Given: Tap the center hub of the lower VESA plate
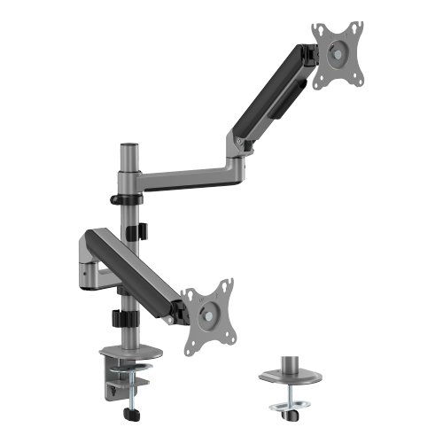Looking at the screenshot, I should (x=209, y=311).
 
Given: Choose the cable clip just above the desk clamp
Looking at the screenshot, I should (x=123, y=323).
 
